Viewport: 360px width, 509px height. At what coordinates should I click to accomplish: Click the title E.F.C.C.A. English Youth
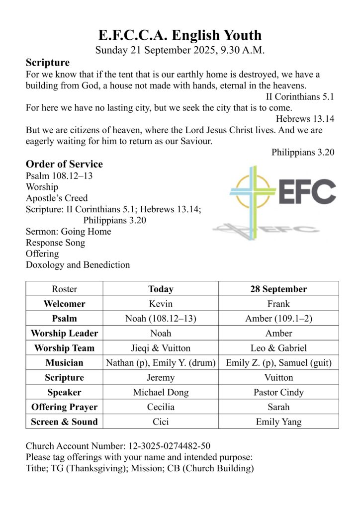click(180, 35)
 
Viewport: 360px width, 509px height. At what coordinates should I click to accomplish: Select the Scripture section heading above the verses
click(48, 63)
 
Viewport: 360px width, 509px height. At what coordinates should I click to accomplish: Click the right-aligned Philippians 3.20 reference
click(302, 152)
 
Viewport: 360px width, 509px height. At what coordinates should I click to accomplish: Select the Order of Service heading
click(64, 164)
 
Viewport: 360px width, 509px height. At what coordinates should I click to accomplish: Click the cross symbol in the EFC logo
click(253, 194)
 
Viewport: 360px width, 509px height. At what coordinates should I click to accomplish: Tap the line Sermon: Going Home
click(68, 231)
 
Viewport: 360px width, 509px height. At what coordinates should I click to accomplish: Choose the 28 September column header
click(278, 289)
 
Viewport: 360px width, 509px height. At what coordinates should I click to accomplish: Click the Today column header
click(161, 289)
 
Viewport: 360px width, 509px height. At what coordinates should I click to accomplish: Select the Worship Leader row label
click(64, 333)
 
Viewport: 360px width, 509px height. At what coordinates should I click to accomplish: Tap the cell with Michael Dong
click(161, 392)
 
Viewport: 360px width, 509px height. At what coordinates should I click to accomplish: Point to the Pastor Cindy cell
click(278, 392)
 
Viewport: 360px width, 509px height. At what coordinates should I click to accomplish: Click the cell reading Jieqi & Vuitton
click(161, 348)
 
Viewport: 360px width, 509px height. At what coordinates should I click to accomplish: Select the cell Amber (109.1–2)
click(278, 319)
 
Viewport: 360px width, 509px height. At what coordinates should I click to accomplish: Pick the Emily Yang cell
click(278, 422)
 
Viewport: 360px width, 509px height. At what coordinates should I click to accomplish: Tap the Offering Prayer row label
click(64, 407)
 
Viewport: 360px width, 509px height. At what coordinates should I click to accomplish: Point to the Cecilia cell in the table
click(161, 407)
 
